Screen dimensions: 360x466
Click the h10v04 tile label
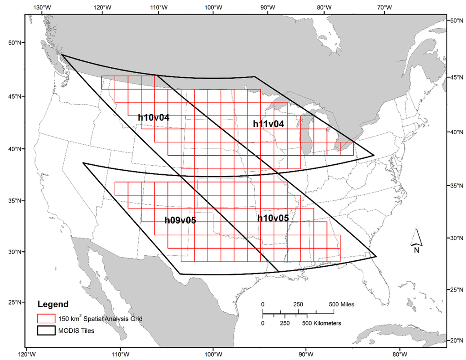(x=154, y=117)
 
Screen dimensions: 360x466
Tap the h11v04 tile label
(x=268, y=124)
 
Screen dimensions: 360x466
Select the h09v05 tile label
(x=180, y=220)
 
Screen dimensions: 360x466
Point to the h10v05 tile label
(x=273, y=218)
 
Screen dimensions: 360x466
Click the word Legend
(x=53, y=304)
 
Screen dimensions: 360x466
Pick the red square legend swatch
(x=46, y=319)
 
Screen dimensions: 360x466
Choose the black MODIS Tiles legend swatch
(x=46, y=331)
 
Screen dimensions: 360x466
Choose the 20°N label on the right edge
(x=456, y=340)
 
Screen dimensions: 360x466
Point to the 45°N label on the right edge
(x=456, y=78)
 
